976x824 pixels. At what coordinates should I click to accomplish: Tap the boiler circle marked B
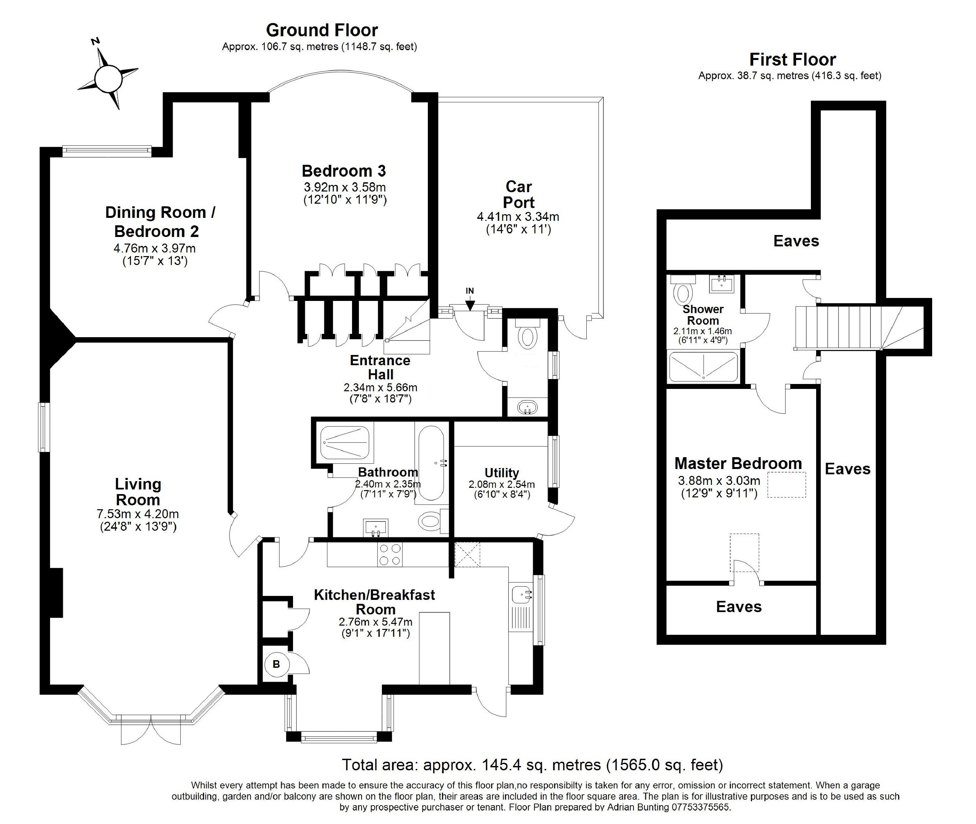click(x=276, y=664)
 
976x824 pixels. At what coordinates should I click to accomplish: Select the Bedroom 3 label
click(x=344, y=171)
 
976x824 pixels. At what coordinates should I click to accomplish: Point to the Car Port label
click(x=518, y=195)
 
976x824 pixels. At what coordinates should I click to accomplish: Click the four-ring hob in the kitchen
click(x=390, y=554)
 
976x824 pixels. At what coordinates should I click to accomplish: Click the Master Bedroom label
click(x=738, y=463)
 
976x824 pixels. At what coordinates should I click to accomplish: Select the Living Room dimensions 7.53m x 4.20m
click(x=138, y=514)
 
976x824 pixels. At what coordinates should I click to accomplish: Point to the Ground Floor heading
click(x=322, y=30)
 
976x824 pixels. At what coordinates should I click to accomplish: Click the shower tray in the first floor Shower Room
click(x=703, y=367)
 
